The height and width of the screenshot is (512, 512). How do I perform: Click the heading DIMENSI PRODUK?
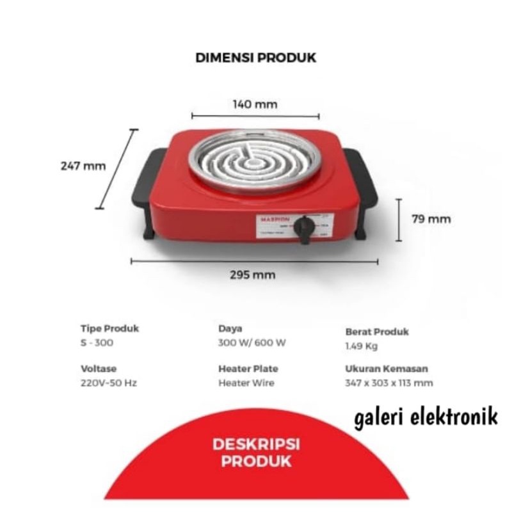click(255, 58)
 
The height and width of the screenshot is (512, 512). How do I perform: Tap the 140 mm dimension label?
click(255, 104)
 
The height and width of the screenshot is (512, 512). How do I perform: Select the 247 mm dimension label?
click(83, 166)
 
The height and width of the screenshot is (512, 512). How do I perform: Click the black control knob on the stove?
click(307, 228)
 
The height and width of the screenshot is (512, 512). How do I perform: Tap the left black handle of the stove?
click(144, 182)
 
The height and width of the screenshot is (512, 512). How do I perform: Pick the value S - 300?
click(98, 342)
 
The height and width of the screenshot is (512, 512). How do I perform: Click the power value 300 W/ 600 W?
click(252, 342)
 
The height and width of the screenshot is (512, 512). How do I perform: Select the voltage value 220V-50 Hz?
click(109, 383)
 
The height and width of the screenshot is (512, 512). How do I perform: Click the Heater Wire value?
click(246, 383)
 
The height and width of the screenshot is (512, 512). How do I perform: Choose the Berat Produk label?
click(376, 332)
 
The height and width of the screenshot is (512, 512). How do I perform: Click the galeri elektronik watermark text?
click(424, 419)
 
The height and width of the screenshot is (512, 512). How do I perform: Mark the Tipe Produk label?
click(109, 329)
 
